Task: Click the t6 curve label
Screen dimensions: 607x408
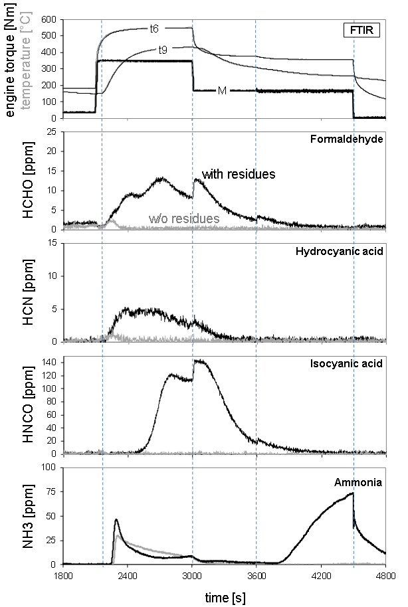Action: pyautogui.click(x=153, y=29)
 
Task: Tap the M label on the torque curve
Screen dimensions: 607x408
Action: pyautogui.click(x=222, y=90)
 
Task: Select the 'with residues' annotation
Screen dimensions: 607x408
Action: pyautogui.click(x=239, y=174)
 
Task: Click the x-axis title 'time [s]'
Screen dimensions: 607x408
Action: pyautogui.click(x=225, y=598)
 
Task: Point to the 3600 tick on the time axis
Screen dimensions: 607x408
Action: pyautogui.click(x=256, y=575)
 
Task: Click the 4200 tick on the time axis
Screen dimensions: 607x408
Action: pyautogui.click(x=321, y=575)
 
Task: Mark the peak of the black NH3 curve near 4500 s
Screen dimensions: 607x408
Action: pyautogui.click(x=353, y=493)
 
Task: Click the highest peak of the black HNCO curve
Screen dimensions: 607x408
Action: pyautogui.click(x=197, y=361)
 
